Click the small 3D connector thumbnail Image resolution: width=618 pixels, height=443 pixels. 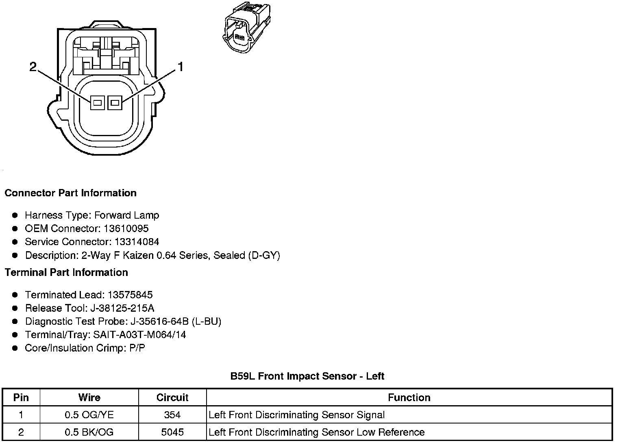point(246,26)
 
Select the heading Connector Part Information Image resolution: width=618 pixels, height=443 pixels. point(70,193)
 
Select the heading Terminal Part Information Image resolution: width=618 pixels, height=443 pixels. point(66,272)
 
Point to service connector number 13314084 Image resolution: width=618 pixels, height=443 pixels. point(137,242)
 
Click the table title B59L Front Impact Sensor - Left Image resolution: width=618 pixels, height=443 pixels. point(307,376)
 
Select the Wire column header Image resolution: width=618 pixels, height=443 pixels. point(89,397)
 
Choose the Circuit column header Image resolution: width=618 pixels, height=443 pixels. point(172,397)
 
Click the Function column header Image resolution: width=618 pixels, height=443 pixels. point(409,397)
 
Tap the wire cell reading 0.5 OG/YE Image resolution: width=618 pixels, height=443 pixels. point(89,415)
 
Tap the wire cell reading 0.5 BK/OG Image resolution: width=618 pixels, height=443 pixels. point(89,432)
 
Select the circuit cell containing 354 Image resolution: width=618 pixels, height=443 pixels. point(172,415)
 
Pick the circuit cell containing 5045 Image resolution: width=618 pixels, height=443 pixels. point(172,432)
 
